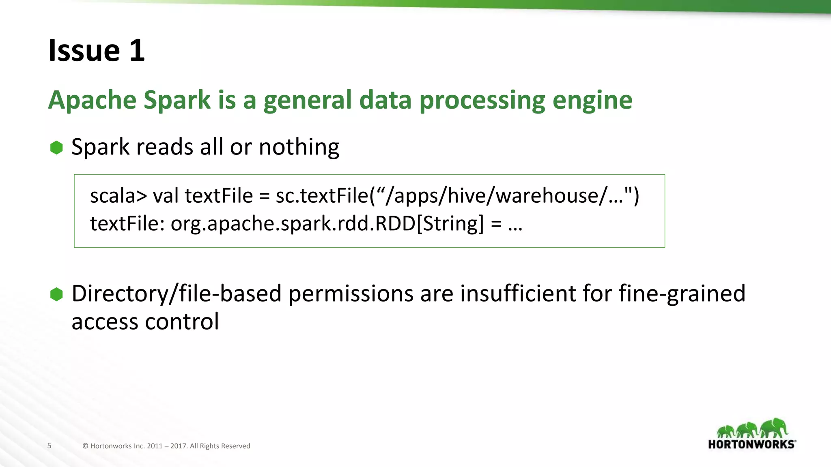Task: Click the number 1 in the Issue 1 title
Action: point(137,51)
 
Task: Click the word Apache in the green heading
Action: point(92,100)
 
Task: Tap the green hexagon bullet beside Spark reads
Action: point(56,148)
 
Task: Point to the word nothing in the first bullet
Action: point(299,147)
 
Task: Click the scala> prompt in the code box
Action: point(118,196)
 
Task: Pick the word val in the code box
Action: point(166,196)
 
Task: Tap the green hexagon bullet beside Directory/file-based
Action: point(56,294)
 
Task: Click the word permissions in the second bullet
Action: point(351,293)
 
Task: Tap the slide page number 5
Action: point(50,446)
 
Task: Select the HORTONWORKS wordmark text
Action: point(751,444)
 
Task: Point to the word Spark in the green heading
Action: point(177,100)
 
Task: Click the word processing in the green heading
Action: point(482,101)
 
